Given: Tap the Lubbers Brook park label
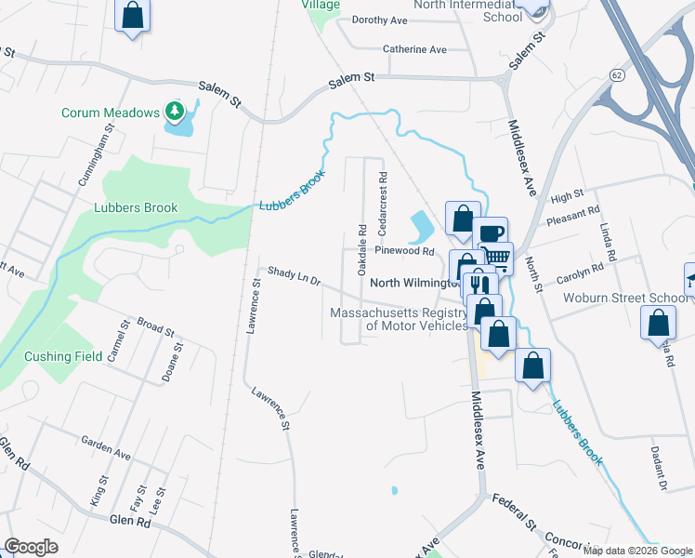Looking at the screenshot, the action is (x=136, y=207).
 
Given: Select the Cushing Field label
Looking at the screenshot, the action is (x=63, y=356).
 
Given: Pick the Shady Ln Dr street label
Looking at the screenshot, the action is (x=294, y=275).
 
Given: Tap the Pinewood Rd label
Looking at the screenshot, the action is (x=404, y=251).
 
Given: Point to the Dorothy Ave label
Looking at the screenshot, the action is (x=380, y=20).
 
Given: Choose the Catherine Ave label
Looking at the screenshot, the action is (x=414, y=49).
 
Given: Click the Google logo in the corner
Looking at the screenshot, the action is (x=31, y=547).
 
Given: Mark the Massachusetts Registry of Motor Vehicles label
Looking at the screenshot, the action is (x=399, y=319).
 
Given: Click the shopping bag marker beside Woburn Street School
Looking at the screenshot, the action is (x=658, y=325).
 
